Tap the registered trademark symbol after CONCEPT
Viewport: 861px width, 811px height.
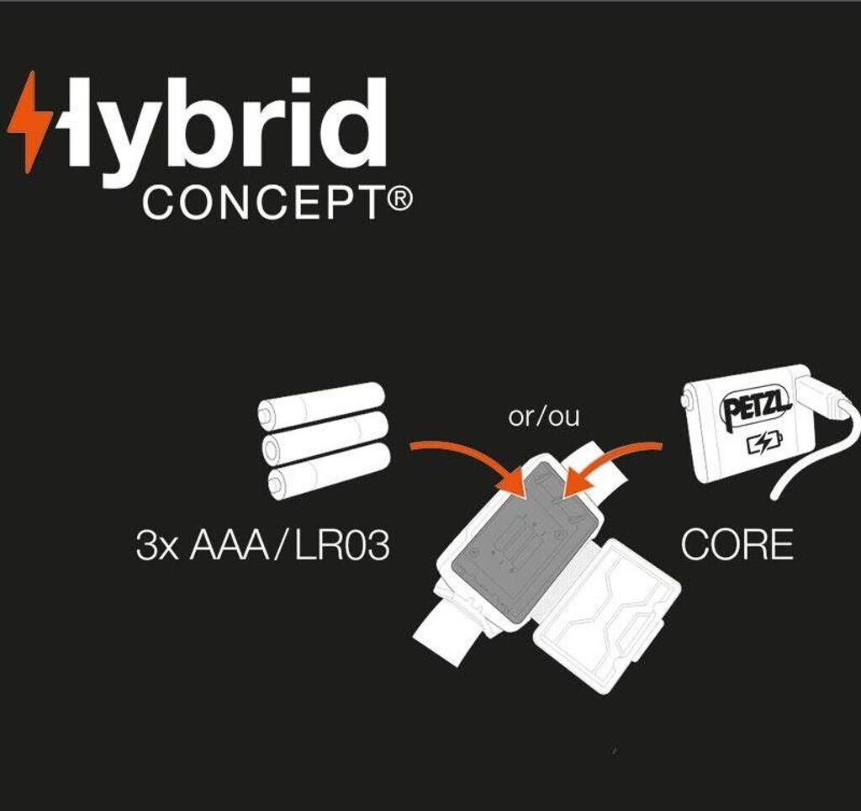[x=402, y=200]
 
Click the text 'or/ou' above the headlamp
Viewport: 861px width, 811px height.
[x=544, y=416]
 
